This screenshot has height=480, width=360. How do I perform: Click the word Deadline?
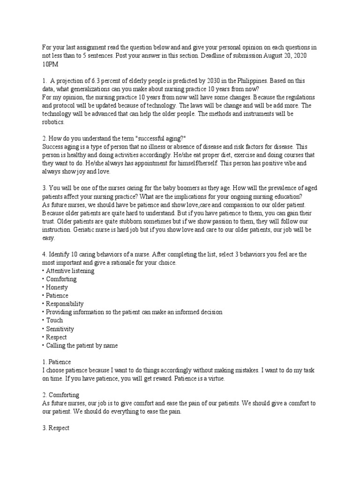pos(206,55)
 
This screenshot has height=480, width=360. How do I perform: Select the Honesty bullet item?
pos(56,287)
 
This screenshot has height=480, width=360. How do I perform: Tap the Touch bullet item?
pos(54,321)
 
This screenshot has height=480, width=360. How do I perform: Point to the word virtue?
pos(215,379)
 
